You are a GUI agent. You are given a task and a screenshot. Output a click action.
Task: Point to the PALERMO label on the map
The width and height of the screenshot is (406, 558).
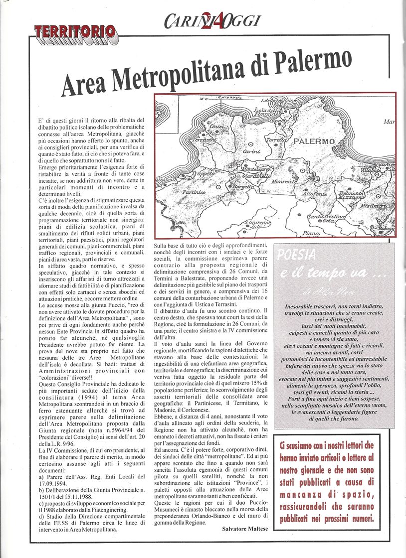(x=314, y=141)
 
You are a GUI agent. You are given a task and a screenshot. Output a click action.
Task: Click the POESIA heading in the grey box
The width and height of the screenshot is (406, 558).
(x=297, y=255)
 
